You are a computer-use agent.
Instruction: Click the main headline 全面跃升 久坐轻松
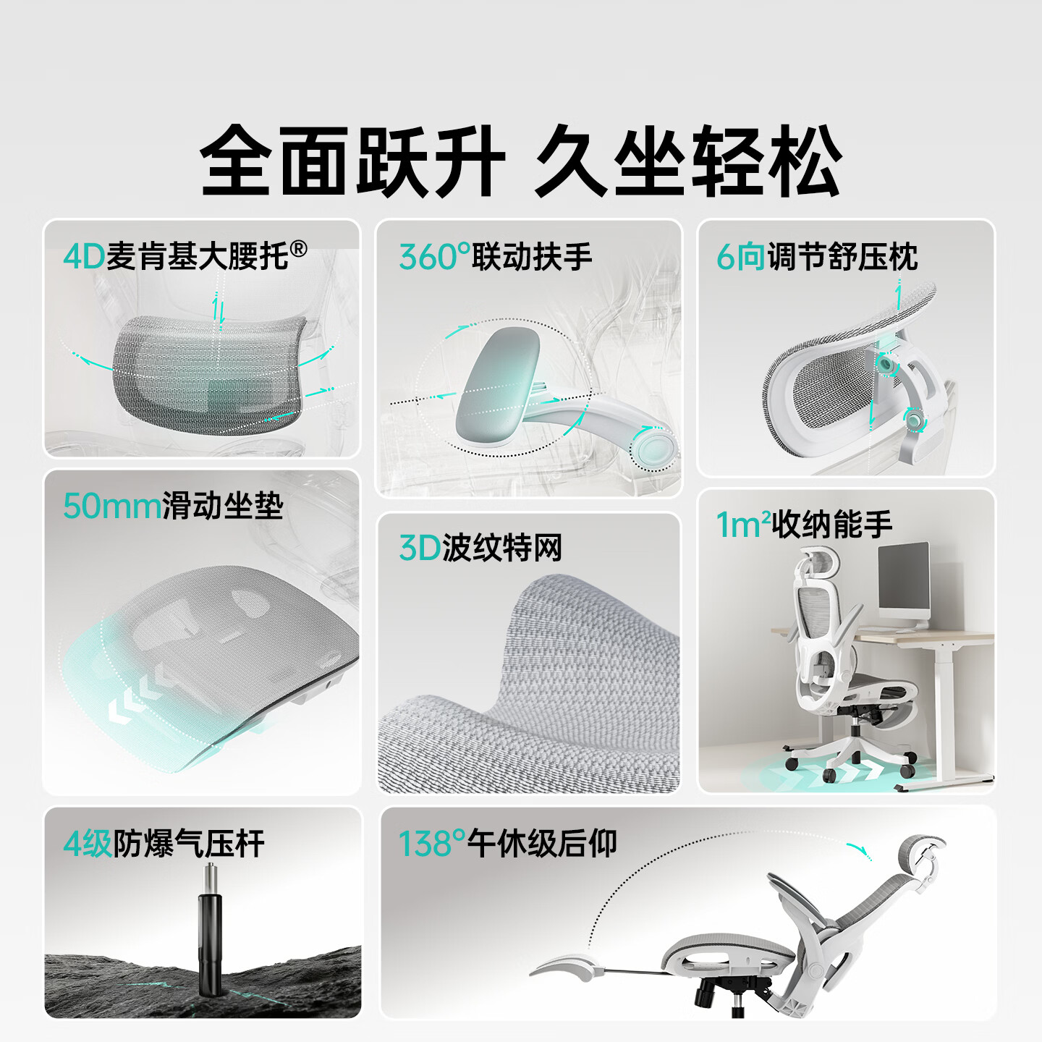(x=521, y=161)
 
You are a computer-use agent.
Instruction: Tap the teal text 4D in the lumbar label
(x=84, y=257)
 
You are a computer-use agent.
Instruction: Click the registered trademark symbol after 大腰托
(x=298, y=250)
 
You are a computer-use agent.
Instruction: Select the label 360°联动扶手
(x=495, y=257)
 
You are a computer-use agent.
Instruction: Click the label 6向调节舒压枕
(x=816, y=257)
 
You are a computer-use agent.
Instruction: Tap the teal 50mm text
(x=111, y=507)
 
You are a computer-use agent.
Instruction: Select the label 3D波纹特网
(x=480, y=548)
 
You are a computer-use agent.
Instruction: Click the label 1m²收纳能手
(x=803, y=525)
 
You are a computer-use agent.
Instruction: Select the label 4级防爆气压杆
(x=164, y=844)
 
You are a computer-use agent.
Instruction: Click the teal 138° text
(x=432, y=844)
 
